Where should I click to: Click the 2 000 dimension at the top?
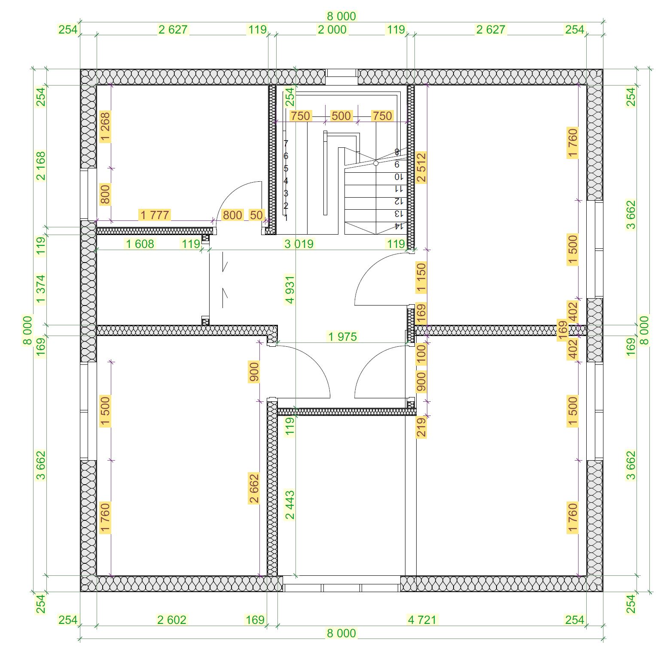coord(332,30)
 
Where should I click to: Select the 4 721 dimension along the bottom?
coord(422,620)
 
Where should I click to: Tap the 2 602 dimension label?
coord(172,620)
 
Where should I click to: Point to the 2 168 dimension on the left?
coord(41,166)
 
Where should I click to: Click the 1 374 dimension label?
coord(41,289)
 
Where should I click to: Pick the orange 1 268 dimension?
coord(105,127)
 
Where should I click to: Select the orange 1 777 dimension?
coord(155,215)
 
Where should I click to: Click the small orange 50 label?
coord(256,215)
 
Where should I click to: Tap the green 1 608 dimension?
coord(140,244)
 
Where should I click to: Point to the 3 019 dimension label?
coord(299,244)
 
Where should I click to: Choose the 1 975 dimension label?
coord(342,336)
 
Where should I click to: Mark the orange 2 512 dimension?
coord(421,168)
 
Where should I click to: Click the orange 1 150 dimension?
coord(421,278)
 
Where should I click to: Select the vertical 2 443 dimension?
coord(290,505)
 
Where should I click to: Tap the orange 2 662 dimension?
coord(254,488)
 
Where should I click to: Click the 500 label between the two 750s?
coord(341,116)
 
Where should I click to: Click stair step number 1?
coord(286,218)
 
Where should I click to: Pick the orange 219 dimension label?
coord(421,427)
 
